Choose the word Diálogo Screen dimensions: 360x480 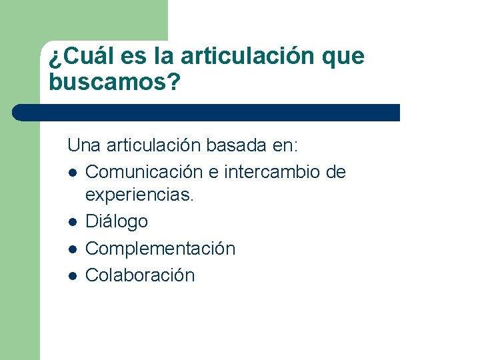117,221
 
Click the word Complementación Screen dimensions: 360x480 161,249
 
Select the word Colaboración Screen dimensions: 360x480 140,275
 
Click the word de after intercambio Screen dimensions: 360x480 336,172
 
